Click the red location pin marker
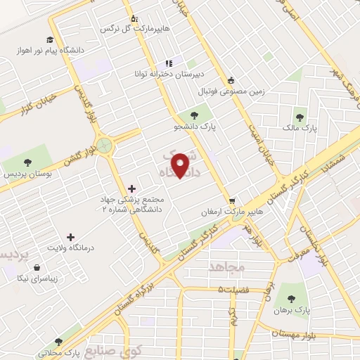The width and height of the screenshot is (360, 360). pyautogui.click(x=182, y=165)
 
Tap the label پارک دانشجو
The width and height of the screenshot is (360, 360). pyautogui.click(x=193, y=127)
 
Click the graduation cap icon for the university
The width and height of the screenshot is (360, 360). pyautogui.click(x=49, y=39)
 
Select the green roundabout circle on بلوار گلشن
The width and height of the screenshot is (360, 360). pyautogui.click(x=105, y=146)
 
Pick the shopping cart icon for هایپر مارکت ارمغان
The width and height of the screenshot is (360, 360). pyautogui.click(x=233, y=200)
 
